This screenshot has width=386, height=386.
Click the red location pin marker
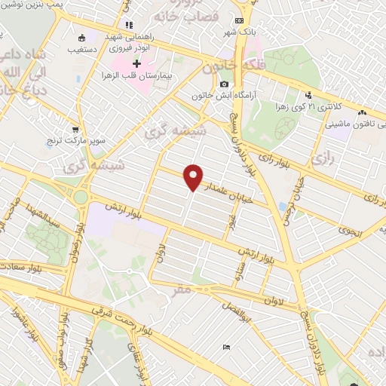tap(195, 177)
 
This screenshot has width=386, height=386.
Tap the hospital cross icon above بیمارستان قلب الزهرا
tap(136, 64)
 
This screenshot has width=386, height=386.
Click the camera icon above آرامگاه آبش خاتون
tap(224, 84)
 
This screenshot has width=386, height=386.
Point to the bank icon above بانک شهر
tap(239, 20)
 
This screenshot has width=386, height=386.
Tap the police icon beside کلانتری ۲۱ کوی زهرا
tap(308, 95)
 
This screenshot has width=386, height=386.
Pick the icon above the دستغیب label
tap(82, 38)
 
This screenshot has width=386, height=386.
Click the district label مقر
tap(182, 289)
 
